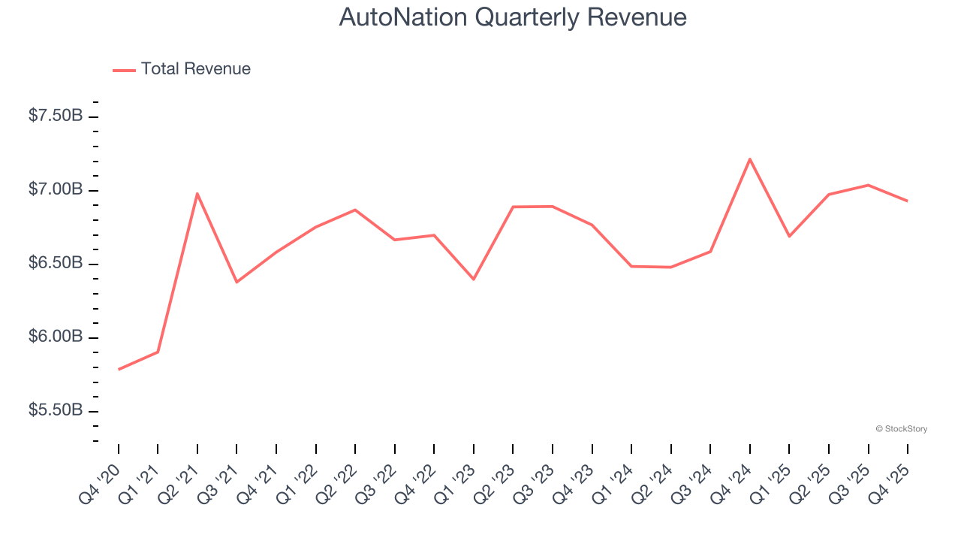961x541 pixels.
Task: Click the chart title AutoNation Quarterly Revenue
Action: pyautogui.click(x=513, y=17)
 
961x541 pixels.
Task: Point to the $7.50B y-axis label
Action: pyautogui.click(x=56, y=116)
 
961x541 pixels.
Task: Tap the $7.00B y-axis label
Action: pyautogui.click(x=56, y=189)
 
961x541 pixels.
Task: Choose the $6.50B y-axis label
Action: pyautogui.click(x=56, y=263)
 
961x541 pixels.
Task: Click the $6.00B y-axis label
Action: pyautogui.click(x=56, y=337)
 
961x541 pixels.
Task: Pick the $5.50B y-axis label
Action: pyautogui.click(x=56, y=410)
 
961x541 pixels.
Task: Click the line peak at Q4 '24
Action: pyautogui.click(x=750, y=159)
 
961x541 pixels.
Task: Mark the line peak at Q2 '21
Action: pyautogui.click(x=197, y=194)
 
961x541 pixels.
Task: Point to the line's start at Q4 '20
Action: pyautogui.click(x=119, y=370)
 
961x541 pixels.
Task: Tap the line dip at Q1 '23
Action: pyautogui.click(x=474, y=280)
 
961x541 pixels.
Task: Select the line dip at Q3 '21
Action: pyautogui.click(x=236, y=282)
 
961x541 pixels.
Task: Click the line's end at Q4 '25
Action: pyautogui.click(x=908, y=201)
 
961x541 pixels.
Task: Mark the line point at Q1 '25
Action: pyautogui.click(x=789, y=237)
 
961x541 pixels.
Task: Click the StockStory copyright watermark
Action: pyautogui.click(x=901, y=429)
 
